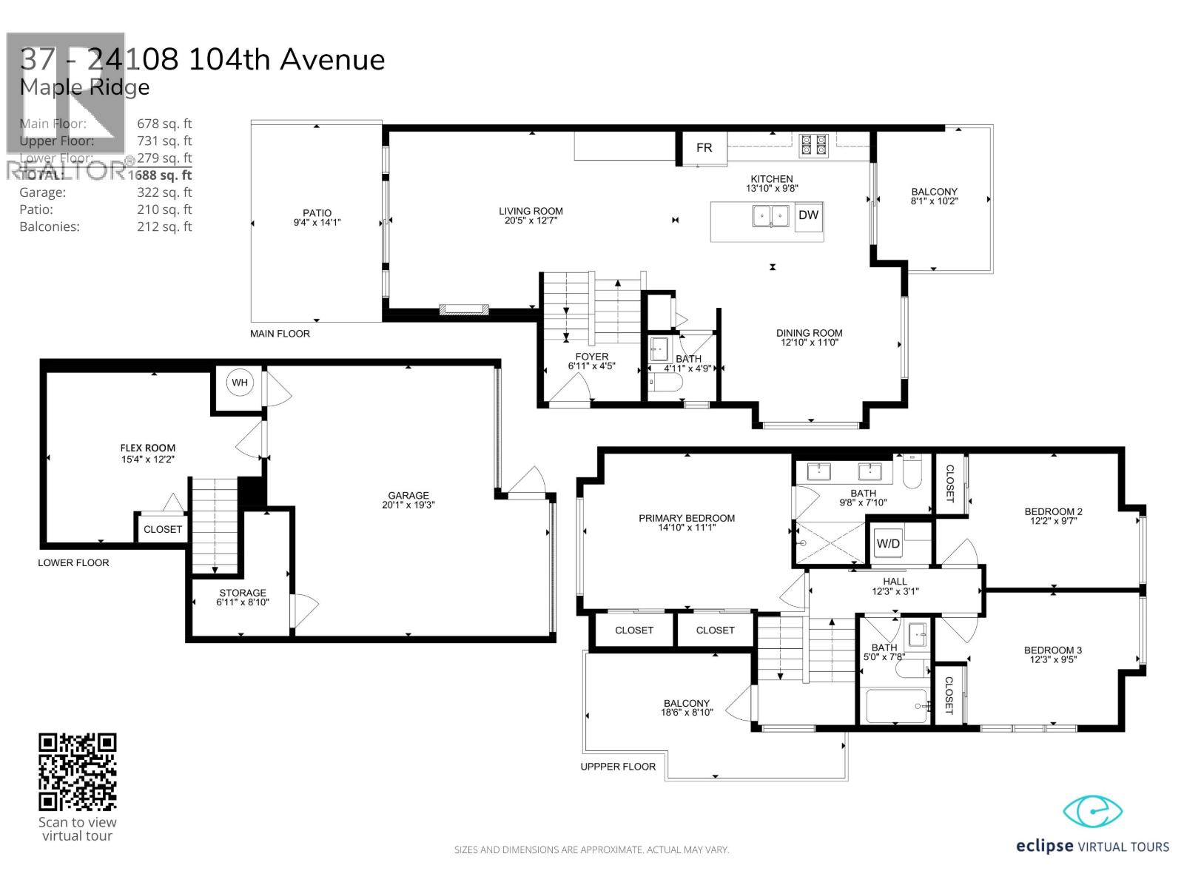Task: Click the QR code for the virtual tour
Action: pyautogui.click(x=78, y=772)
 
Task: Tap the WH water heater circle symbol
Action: pyautogui.click(x=240, y=383)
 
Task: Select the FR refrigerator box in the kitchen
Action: pyautogui.click(x=704, y=148)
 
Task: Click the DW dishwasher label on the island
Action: pyautogui.click(x=809, y=215)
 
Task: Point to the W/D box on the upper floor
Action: pyautogui.click(x=888, y=544)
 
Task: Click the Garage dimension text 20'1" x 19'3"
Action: pyautogui.click(x=408, y=505)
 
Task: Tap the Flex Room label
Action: pyautogui.click(x=148, y=448)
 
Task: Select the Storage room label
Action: pyautogui.click(x=243, y=593)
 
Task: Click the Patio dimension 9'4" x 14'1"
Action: pyautogui.click(x=317, y=223)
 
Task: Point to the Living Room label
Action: pyautogui.click(x=531, y=211)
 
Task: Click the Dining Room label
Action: pyautogui.click(x=809, y=333)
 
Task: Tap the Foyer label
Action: pyautogui.click(x=591, y=357)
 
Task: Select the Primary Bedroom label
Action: pyautogui.click(x=687, y=518)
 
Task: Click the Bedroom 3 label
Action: pyautogui.click(x=1052, y=650)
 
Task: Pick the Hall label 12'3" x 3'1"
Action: pyautogui.click(x=895, y=586)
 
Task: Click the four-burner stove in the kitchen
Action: pyautogui.click(x=813, y=144)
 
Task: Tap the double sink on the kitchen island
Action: pyautogui.click(x=770, y=216)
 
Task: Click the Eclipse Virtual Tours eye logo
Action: pyautogui.click(x=1092, y=812)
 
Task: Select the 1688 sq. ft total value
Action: pyautogui.click(x=160, y=175)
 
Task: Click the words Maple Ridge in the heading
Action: pyautogui.click(x=84, y=87)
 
